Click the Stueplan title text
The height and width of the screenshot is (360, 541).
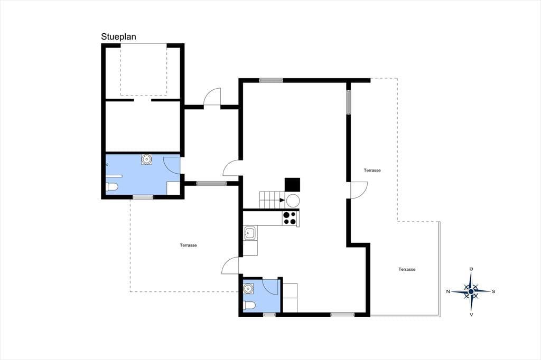pos(118,37)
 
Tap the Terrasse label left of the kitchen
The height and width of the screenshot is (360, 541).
pos(189,245)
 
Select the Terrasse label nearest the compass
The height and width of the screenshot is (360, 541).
pos(407,269)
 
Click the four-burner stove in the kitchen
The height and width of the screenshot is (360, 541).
pos(290,218)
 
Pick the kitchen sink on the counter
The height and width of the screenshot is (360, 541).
pos(250,233)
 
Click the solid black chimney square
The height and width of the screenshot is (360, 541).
pos(292,184)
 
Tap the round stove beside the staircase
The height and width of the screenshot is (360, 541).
pos(293,201)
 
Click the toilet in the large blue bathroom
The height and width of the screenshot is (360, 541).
pos(112,187)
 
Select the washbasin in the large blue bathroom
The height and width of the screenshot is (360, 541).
pos(147,159)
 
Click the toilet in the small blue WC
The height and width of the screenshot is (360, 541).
pos(249,306)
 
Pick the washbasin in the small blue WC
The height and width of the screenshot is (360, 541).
pos(248,288)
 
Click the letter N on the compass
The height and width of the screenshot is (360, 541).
pos(448,291)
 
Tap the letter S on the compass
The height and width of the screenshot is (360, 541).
pos(493,291)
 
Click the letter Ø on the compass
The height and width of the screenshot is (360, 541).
pos(471,269)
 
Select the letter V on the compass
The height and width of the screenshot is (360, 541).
pos(471,314)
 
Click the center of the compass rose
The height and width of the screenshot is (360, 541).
pos(471,291)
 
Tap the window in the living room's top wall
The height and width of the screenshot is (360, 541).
pos(271,80)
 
